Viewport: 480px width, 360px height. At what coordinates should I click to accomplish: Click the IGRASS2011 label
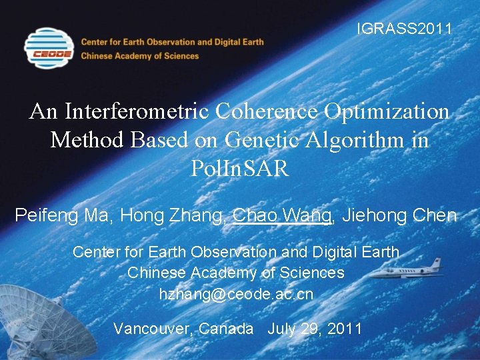(405, 29)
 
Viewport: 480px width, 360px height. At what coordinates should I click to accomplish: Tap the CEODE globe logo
(48, 48)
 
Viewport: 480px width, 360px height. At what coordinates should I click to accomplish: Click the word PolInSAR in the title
(239, 169)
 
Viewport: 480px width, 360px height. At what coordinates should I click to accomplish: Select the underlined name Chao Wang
(283, 215)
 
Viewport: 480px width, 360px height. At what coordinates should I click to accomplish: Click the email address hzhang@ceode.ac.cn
(236, 293)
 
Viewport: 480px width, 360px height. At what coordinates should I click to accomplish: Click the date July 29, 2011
(315, 328)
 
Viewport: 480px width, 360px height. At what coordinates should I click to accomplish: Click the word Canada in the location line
(227, 328)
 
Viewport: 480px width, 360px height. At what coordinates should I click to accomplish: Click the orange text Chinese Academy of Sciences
(140, 56)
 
